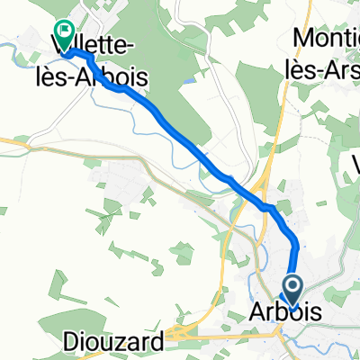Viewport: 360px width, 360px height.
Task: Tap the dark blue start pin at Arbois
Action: pos(292,289)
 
